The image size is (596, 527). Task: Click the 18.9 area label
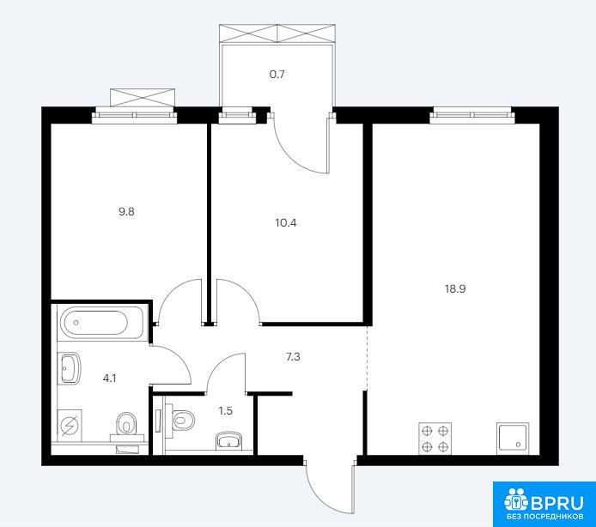tap(455, 288)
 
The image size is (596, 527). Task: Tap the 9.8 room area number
tap(126, 212)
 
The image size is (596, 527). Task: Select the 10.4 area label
tap(286, 222)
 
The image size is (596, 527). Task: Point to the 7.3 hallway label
tap(293, 357)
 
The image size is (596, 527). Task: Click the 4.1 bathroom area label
tap(109, 378)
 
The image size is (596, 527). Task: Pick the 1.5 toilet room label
tap(225, 411)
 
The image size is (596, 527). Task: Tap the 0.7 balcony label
tap(277, 74)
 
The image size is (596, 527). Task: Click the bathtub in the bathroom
tap(100, 323)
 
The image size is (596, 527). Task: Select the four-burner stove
tap(435, 438)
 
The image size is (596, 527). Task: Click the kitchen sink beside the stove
tap(513, 438)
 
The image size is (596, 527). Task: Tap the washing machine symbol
tap(70, 426)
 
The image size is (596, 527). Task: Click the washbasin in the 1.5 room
tap(228, 441)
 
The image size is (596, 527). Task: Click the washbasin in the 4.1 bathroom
tap(70, 368)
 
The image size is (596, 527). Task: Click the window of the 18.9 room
tap(471, 115)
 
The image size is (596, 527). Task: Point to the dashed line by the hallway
tap(368, 358)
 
